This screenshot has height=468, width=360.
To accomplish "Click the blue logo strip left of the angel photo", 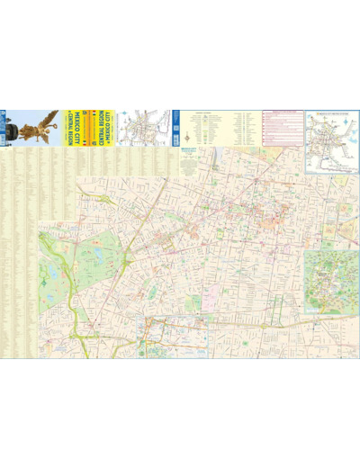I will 4,126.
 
